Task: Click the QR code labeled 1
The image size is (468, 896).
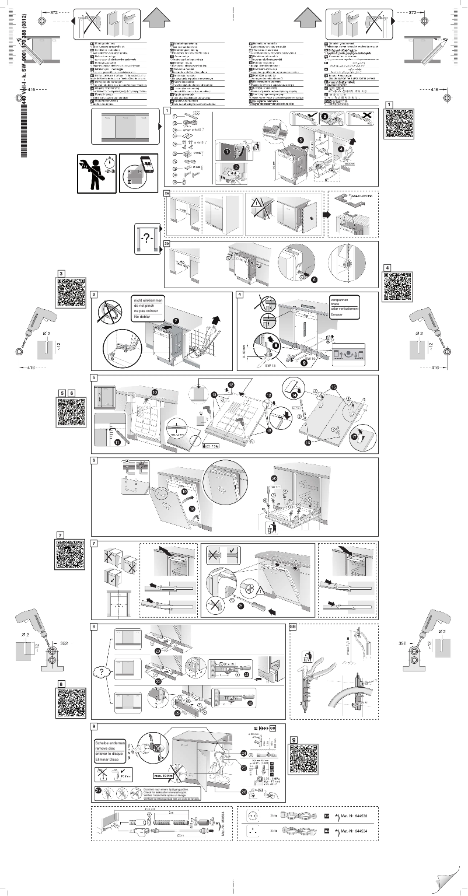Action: pyautogui.click(x=399, y=123)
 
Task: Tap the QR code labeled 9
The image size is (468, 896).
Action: pyautogui.click(x=303, y=759)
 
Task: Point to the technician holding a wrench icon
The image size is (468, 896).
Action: pyautogui.click(x=95, y=173)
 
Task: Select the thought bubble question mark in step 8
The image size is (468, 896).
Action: pyautogui.click(x=103, y=672)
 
